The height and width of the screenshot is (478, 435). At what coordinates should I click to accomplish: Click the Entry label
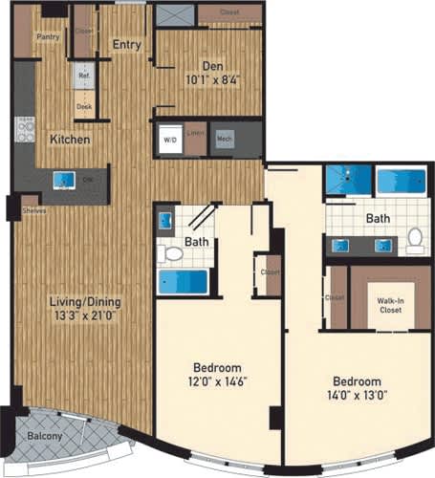point(126,44)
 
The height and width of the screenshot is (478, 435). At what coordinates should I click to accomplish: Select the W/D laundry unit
point(170,140)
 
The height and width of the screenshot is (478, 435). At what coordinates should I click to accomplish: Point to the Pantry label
point(48,37)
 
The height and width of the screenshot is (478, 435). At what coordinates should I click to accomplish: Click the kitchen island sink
point(64,180)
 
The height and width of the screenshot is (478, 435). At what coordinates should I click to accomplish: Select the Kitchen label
point(71,140)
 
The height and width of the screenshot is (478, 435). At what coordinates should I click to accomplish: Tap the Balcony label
point(45,437)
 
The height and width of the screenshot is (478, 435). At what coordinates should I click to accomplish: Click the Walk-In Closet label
point(388,306)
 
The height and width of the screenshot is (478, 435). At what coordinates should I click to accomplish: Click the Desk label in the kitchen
point(84,108)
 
